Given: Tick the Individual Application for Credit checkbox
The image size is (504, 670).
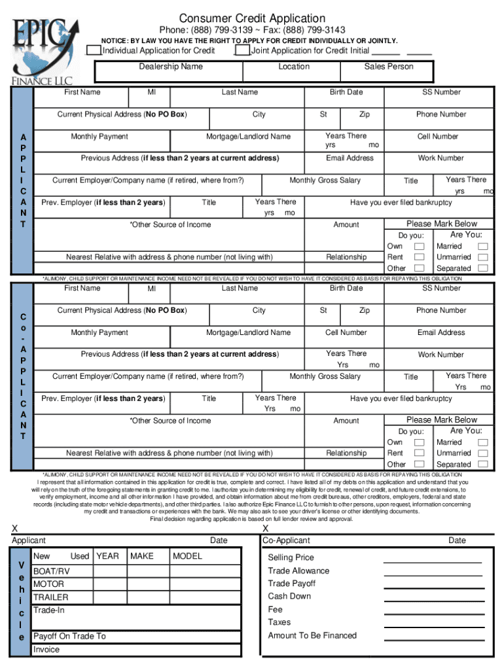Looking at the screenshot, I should coord(94,50).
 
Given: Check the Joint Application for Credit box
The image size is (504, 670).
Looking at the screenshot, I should coord(242,50).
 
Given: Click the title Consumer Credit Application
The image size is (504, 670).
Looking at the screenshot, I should coord(252,18).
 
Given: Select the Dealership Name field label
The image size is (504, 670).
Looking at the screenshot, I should coord(171,67).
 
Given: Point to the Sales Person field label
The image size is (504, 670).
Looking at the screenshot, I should coord(389,67).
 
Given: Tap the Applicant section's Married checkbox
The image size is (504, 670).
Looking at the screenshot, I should coord(482,246).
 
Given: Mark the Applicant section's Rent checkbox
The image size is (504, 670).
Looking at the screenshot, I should coord(420,257).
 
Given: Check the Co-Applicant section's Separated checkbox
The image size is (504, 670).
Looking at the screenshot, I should coord(482,464).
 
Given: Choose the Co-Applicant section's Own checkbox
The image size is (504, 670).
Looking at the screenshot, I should coord(420,443).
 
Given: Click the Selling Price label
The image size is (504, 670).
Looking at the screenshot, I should coord(291,557).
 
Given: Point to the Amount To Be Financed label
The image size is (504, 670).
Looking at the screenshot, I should coord(312,635).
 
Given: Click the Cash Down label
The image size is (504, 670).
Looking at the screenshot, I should coord(289,596).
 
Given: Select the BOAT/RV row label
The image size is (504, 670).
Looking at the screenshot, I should coord(51,571).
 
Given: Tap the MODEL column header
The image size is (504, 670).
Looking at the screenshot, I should coord(187,556).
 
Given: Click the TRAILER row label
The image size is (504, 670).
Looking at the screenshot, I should coord(50,597).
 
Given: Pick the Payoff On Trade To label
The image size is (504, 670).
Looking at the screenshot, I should coord(69,636).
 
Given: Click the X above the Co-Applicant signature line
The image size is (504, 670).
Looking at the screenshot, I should coord(265,528).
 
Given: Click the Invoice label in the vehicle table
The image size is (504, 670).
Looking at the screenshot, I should coord(46,650).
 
